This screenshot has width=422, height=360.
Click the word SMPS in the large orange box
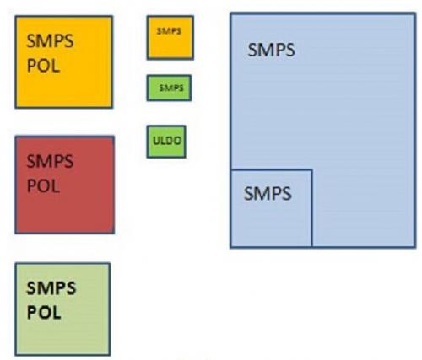[50, 41]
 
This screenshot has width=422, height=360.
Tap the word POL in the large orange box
[43, 66]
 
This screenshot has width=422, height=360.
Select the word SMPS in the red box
[50, 161]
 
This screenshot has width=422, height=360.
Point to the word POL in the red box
[43, 185]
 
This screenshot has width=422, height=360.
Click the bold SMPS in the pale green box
[51, 288]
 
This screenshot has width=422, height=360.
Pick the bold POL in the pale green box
[44, 312]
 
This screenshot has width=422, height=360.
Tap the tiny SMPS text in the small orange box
[169, 31]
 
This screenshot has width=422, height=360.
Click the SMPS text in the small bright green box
[171, 88]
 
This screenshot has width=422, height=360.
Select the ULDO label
[167, 141]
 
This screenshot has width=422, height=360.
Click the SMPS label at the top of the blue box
[271, 50]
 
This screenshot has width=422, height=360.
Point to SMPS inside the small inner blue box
[268, 194]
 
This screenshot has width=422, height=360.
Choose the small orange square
[170, 38]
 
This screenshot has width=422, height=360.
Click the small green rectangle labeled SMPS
[169, 88]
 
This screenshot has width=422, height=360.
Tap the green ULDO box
[166, 142]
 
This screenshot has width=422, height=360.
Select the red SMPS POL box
[65, 185]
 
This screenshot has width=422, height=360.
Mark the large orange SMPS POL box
[64, 62]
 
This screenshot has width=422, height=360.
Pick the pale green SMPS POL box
[62, 309]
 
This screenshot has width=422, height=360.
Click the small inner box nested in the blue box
[271, 208]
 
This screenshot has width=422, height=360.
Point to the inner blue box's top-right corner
[312, 169]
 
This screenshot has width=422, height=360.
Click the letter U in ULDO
[156, 141]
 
